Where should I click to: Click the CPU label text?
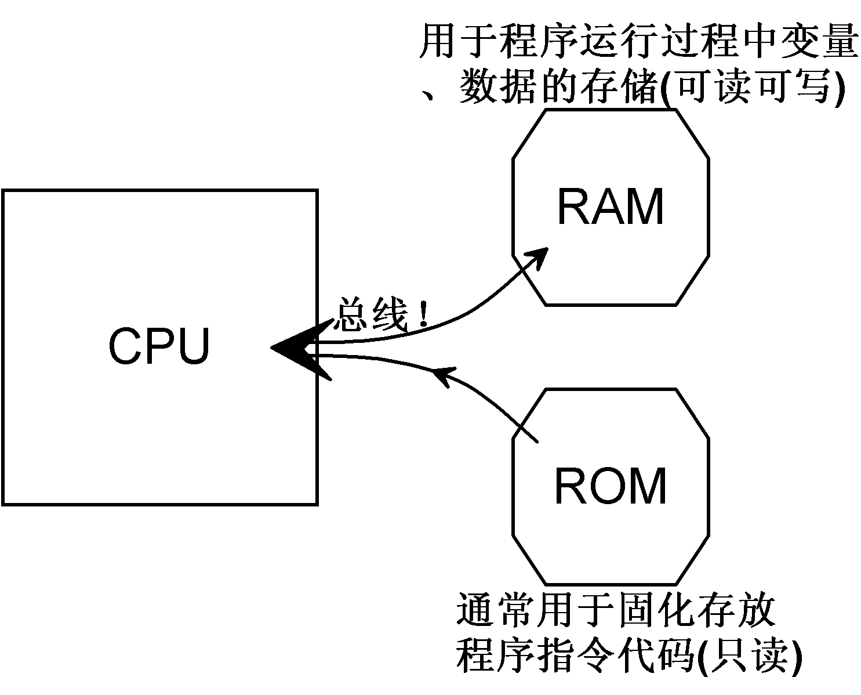click(x=159, y=346)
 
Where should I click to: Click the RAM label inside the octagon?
click(x=610, y=207)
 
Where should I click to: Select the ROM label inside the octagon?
click(x=611, y=486)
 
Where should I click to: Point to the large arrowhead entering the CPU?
click(x=296, y=348)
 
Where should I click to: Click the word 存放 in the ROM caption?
click(x=736, y=609)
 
